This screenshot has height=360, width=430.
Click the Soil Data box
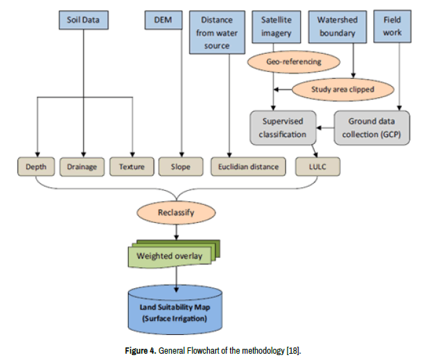83,20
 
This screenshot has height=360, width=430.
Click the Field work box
392,27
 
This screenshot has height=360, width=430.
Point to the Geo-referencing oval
294,62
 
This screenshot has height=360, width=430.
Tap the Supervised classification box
282,128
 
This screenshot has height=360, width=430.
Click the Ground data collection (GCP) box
370,128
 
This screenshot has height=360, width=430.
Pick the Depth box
36,166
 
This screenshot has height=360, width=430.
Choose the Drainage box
82,166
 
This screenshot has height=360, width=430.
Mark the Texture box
131,166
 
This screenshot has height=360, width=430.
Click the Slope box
181,166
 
